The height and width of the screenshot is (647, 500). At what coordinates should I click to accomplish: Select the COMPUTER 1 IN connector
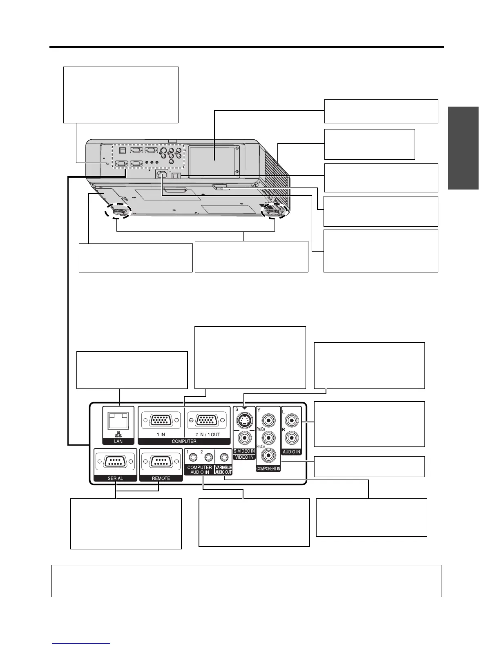[161, 420]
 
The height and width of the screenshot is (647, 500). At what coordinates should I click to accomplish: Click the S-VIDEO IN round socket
[244, 419]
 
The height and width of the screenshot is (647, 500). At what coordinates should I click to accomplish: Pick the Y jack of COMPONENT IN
[268, 419]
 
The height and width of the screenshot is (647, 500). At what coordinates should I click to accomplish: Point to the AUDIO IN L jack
[292, 419]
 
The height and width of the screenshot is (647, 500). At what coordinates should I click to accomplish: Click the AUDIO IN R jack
[292, 438]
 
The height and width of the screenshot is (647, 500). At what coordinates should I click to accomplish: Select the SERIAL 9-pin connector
[115, 462]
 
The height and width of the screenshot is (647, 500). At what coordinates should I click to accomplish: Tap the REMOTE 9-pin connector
[161, 462]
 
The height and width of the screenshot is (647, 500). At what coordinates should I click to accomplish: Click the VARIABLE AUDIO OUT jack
[223, 457]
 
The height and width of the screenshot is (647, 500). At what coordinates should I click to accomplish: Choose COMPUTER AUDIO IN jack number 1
[194, 457]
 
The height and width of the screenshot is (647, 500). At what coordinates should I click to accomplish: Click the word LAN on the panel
[118, 442]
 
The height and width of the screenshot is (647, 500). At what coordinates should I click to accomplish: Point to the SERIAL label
[115, 478]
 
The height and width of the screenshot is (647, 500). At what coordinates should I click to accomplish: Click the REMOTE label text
[161, 478]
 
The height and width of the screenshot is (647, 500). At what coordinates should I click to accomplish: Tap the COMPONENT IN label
[268, 469]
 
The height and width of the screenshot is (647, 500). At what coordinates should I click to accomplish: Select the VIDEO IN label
[244, 457]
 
